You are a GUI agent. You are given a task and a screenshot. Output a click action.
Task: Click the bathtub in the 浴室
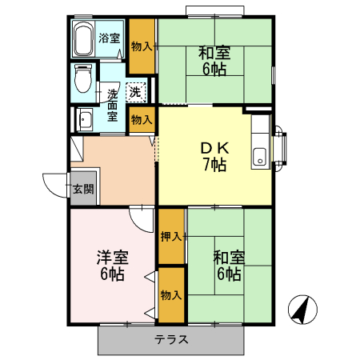click(x=83, y=38)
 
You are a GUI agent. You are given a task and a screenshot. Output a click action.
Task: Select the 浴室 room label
click(x=109, y=38)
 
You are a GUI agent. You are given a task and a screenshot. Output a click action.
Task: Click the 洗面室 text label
click(x=113, y=105)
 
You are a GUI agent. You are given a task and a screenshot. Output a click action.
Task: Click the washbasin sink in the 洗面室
click(x=84, y=120)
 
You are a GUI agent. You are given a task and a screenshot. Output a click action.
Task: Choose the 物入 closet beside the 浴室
click(x=142, y=46)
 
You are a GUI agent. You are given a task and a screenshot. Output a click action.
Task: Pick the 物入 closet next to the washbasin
click(x=142, y=119)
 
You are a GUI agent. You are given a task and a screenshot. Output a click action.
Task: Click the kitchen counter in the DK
click(x=260, y=142)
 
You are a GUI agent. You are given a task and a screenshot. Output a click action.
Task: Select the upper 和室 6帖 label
click(x=214, y=61)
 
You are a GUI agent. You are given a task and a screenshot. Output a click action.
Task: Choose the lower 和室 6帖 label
click(x=229, y=266)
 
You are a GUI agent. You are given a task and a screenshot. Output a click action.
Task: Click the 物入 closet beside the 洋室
click(x=171, y=294)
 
